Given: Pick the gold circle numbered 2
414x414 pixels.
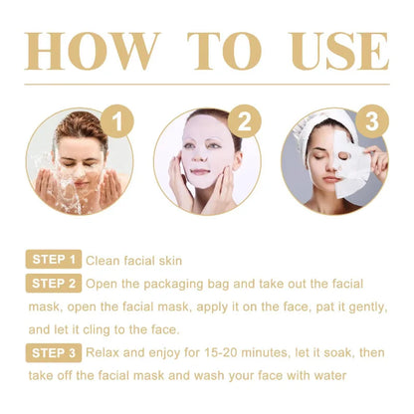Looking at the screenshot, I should click(242, 123).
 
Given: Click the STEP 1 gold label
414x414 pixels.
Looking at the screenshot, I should click(53, 261).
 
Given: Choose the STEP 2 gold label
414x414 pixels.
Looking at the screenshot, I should click(53, 283).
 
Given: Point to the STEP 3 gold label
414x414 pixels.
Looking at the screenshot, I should click(53, 352).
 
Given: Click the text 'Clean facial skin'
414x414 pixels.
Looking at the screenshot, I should click(134, 261).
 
